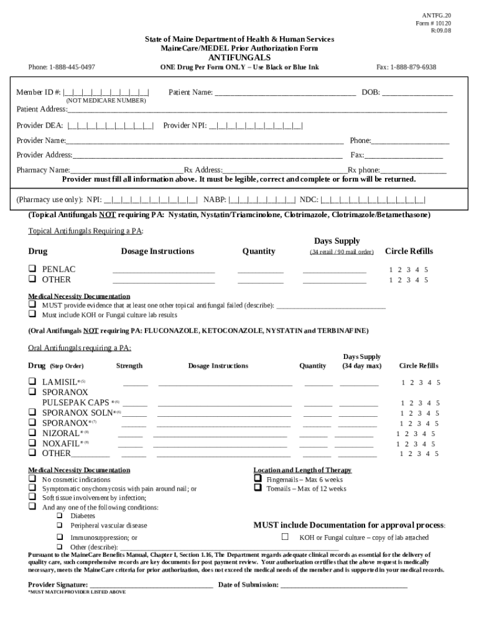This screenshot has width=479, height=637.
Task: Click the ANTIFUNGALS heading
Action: coord(240,57)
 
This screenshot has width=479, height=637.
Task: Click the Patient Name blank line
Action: coord(285,93)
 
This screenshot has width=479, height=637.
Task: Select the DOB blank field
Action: coord(417,93)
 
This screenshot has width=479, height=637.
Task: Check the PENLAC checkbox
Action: coord(32,269)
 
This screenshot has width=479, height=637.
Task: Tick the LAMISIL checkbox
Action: coord(32,381)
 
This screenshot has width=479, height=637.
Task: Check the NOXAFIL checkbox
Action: coord(32,444)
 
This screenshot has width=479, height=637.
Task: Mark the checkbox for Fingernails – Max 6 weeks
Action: coord(258,480)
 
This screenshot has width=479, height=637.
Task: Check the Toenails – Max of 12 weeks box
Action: coord(258,488)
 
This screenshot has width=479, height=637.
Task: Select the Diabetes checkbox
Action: coord(60,516)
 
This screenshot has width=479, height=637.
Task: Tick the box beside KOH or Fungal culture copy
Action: coord(286,537)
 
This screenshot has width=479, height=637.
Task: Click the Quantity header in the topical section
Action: coord(259,251)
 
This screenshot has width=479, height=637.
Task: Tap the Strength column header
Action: coord(129,366)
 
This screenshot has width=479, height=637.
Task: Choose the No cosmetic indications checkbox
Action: coord(32,480)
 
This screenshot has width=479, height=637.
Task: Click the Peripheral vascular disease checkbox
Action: coord(60,526)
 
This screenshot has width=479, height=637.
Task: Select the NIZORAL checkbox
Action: coord(32,433)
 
